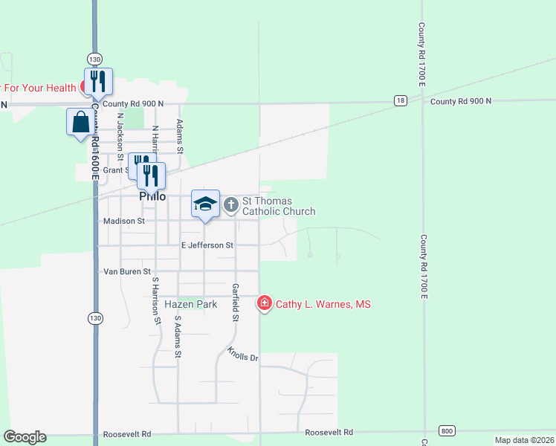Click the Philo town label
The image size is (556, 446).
(x=152, y=196)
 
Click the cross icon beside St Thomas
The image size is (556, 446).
(x=231, y=204)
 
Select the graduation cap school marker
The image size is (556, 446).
(x=205, y=204)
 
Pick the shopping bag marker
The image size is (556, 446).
(x=80, y=122)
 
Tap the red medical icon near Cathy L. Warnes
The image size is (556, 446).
(x=264, y=303)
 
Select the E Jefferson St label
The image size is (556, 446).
(x=207, y=245)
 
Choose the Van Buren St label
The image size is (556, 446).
(x=126, y=271)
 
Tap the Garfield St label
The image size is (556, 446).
(x=235, y=302)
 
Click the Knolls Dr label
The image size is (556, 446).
(x=242, y=354)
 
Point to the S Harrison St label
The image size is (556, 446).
(x=157, y=301)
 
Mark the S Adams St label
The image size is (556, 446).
(x=178, y=337)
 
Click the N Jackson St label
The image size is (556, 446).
(x=120, y=133)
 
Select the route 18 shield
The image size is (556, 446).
(x=401, y=101)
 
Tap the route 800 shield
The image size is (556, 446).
(x=446, y=431)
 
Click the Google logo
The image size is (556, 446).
(x=25, y=437)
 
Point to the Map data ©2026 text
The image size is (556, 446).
(x=524, y=440)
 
